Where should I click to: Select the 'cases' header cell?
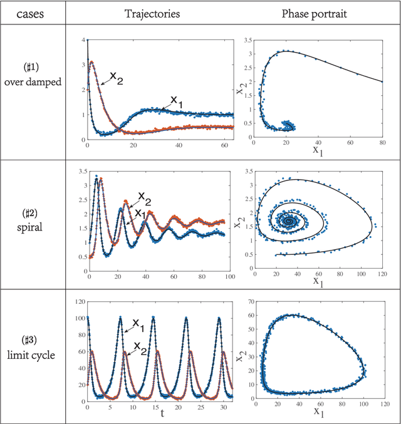click(34, 12)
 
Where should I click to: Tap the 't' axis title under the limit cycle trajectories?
click(162, 413)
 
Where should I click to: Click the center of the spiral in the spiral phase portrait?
click(289, 221)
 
